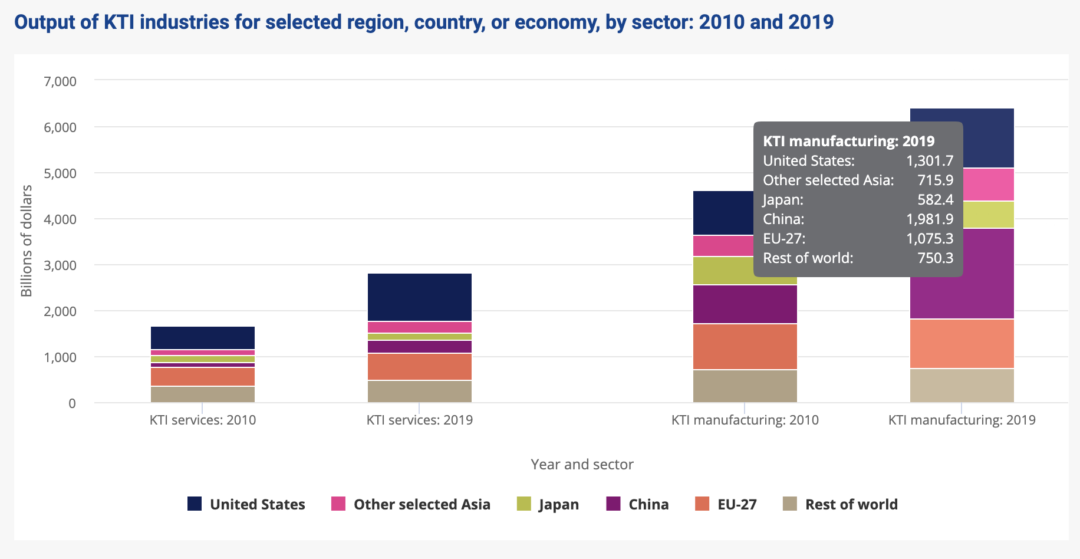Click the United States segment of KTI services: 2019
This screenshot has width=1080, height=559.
tap(420, 297)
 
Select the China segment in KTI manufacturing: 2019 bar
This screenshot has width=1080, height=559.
tap(962, 274)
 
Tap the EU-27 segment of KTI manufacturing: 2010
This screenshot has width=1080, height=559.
tap(745, 347)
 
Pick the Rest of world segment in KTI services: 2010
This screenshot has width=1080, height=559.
tap(203, 394)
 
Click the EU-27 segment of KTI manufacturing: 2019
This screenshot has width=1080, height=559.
tap(962, 344)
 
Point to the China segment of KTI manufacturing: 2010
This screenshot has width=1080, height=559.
tap(745, 304)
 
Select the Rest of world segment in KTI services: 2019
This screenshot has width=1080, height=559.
tap(420, 392)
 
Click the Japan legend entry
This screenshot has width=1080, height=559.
tap(548, 504)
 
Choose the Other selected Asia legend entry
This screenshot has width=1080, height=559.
tap(411, 504)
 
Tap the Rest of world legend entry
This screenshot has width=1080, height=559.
tap(841, 504)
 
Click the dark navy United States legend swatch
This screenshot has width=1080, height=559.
tap(195, 504)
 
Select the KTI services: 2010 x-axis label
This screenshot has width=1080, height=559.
tap(203, 420)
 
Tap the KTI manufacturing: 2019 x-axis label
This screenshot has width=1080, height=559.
tap(962, 420)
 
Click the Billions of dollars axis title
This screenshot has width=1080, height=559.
tap(27, 241)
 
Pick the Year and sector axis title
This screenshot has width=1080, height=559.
tap(582, 464)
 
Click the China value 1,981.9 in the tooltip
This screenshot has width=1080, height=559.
tap(930, 219)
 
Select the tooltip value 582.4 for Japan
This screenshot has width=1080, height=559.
tap(936, 200)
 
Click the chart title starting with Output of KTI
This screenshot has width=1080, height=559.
tap(424, 22)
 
